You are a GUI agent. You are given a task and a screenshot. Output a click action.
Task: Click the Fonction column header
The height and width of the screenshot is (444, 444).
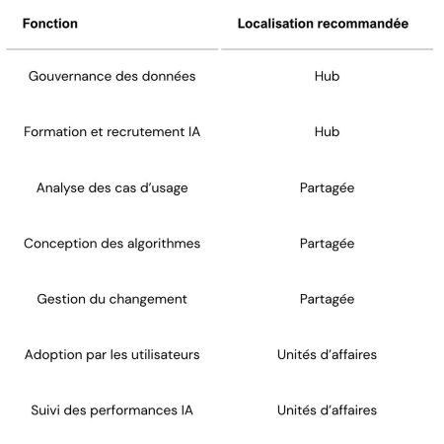click(x=50, y=23)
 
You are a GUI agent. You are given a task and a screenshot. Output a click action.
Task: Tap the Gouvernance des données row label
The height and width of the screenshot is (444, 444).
click(x=111, y=76)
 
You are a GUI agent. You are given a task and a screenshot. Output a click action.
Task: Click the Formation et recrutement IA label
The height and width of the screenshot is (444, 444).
click(x=111, y=131)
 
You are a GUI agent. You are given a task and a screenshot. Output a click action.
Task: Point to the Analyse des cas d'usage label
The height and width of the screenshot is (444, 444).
click(x=111, y=187)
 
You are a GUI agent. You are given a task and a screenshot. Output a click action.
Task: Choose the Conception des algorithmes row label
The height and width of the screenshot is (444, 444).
click(x=111, y=243)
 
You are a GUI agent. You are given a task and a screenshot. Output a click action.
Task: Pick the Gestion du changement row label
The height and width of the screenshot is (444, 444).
click(x=111, y=298)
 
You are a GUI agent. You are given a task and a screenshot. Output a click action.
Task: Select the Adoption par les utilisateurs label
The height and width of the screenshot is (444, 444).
click(x=111, y=354)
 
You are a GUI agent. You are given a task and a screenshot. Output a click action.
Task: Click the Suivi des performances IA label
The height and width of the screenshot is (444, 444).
click(x=111, y=409)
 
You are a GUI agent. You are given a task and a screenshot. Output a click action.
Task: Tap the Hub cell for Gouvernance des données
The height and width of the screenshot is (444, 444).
click(x=327, y=76)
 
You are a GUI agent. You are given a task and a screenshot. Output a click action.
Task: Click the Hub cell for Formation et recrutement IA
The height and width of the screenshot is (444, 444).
click(x=327, y=131)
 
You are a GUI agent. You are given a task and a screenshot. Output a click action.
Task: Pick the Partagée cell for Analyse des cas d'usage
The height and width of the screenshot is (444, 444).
click(x=327, y=187)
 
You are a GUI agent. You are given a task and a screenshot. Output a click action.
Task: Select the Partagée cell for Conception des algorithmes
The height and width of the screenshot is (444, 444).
click(x=327, y=243)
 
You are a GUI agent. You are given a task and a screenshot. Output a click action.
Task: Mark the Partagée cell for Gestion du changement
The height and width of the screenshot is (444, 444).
click(x=327, y=298)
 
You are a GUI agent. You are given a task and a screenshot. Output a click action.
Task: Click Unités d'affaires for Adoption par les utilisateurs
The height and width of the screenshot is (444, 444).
click(x=327, y=354)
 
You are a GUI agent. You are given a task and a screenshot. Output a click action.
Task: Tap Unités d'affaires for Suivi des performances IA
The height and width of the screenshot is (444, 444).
click(x=327, y=409)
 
